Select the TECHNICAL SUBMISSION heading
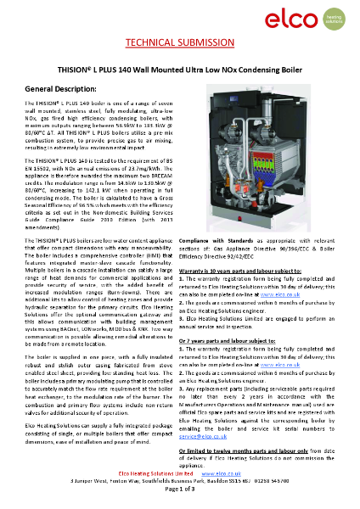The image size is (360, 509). pyautogui.click(x=179, y=43)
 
